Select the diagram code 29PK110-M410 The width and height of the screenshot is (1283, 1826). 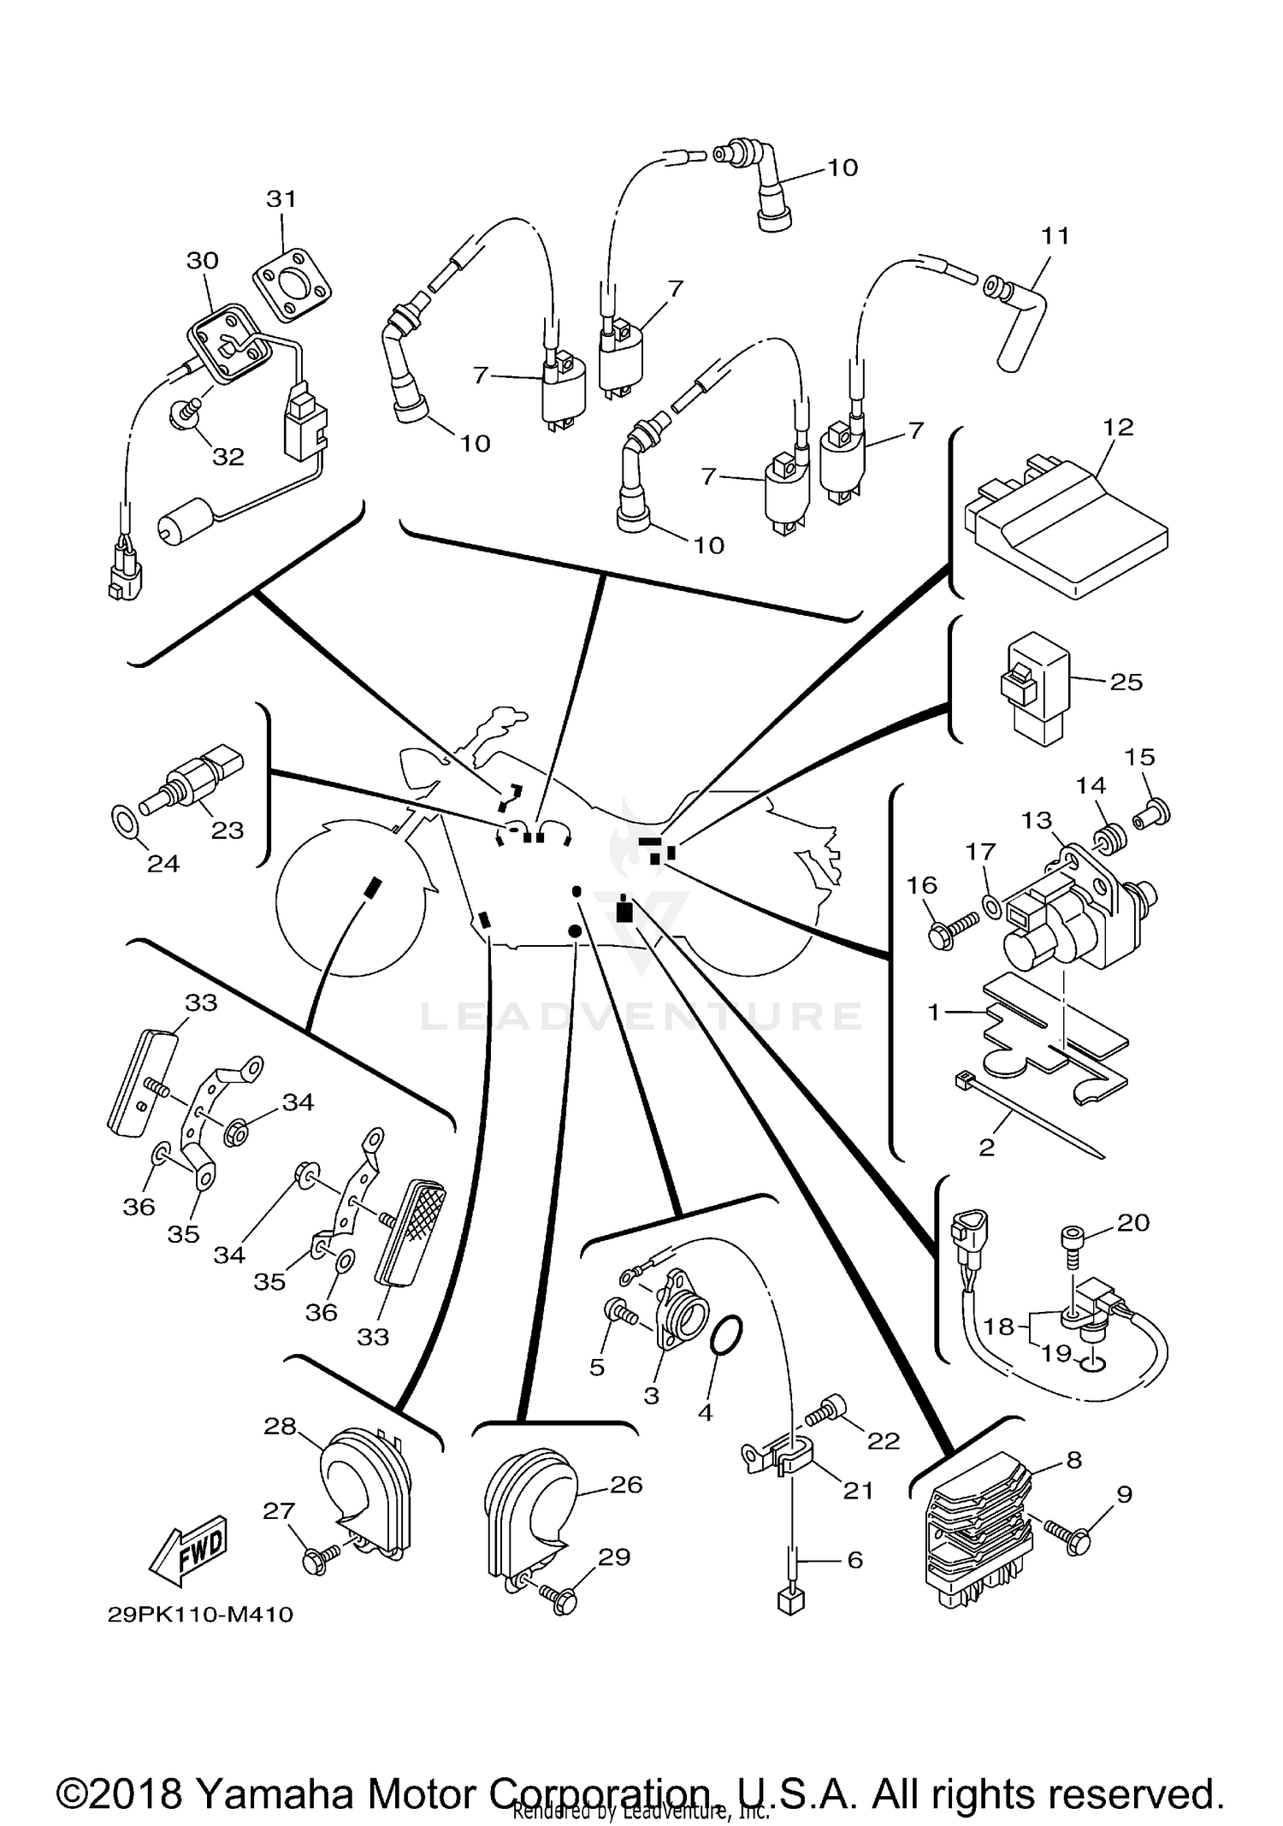coord(200,1614)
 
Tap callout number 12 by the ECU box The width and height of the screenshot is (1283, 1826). coord(1118,427)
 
